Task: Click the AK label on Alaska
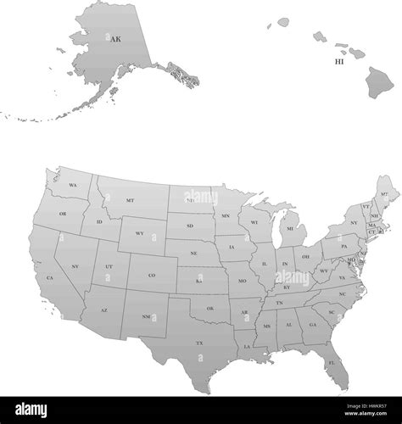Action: (x=115, y=38)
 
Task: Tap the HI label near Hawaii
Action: (x=339, y=61)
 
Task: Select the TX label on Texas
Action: (x=200, y=343)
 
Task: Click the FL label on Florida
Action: (x=332, y=362)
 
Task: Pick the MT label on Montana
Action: (x=130, y=200)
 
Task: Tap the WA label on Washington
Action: (x=73, y=185)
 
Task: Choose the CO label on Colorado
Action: (x=152, y=275)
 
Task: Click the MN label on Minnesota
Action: (x=226, y=216)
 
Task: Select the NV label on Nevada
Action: (x=75, y=266)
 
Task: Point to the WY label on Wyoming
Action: (x=140, y=234)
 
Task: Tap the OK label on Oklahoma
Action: (x=209, y=308)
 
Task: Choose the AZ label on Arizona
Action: (x=104, y=310)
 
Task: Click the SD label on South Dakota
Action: (x=190, y=226)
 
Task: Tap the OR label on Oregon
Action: (x=63, y=214)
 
